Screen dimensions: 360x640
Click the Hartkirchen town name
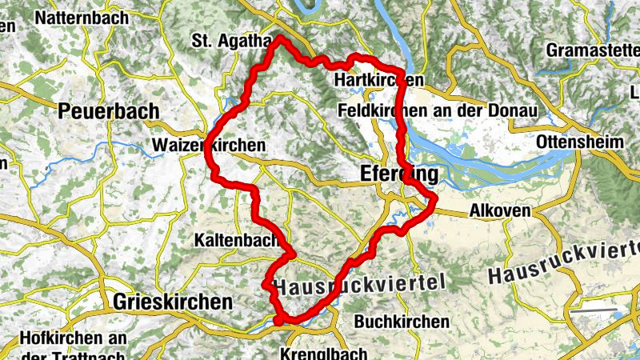pyautogui.click(x=379, y=81)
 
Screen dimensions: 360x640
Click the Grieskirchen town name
pyautogui.click(x=173, y=302)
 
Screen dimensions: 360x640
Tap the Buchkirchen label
pyautogui.click(x=401, y=321)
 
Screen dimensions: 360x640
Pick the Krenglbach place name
pyautogui.click(x=324, y=353)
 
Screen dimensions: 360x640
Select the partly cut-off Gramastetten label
pyautogui.click(x=593, y=50)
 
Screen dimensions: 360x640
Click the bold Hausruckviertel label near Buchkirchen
pyautogui.click(x=359, y=285)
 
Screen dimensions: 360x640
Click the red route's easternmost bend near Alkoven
pyautogui.click(x=435, y=198)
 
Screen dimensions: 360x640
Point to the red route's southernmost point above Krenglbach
pyautogui.click(x=278, y=322)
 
